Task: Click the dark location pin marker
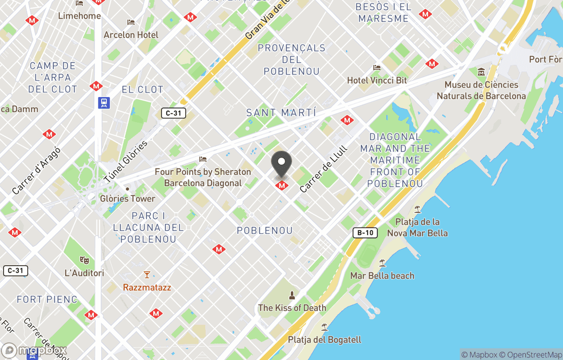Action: coord(281,164)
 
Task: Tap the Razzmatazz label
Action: coord(147,287)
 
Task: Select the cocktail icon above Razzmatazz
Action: coord(147,274)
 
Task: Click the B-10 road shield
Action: coord(365,233)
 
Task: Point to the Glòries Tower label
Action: coord(128,198)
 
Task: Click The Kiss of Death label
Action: coord(292,308)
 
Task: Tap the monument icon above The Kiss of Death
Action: coord(292,295)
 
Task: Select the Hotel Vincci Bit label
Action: coord(377,81)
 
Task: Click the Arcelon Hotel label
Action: coord(131,35)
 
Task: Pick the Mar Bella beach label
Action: coord(382,275)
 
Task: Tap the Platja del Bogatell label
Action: coord(324,340)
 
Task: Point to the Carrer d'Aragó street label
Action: coord(36,171)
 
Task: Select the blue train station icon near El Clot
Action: coord(104,103)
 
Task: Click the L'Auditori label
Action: coord(84,273)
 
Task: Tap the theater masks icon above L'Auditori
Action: coord(84,260)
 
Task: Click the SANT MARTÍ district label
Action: coord(281,113)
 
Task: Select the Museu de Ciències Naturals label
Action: coord(481,90)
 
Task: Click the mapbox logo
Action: coord(34,350)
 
